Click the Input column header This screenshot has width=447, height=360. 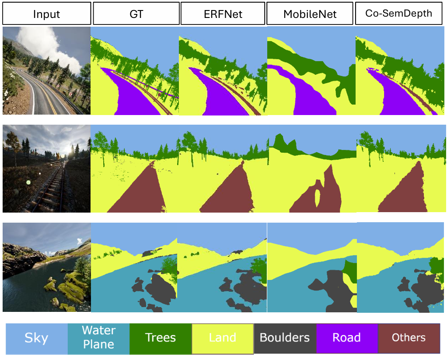46,14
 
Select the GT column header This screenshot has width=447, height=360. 136,14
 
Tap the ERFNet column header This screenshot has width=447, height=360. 223,14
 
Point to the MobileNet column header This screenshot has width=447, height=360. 310,14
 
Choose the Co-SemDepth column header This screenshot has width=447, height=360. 398,13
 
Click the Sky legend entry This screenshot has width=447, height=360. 36,338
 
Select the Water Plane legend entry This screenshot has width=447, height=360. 99,338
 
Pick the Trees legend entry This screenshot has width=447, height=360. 161,338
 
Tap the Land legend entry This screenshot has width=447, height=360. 223,338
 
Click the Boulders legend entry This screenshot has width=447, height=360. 285,338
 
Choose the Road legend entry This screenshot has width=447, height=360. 347,338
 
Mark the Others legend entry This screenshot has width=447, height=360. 409,338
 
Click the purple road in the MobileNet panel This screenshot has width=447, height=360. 311,96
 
